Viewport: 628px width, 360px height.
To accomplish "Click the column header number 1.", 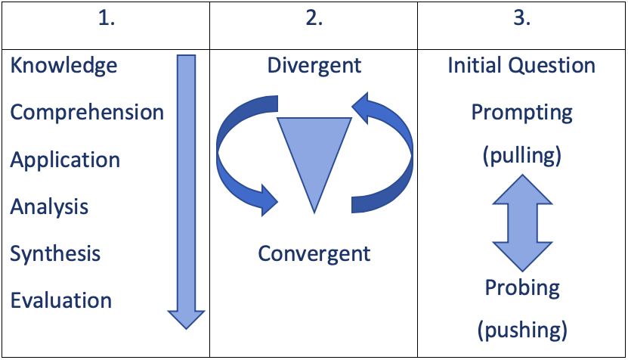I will [x=106, y=20].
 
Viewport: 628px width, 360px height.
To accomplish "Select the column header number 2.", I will [x=314, y=20].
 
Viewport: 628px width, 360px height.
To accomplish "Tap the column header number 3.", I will [x=521, y=20].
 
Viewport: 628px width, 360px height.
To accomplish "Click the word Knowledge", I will [x=63, y=66].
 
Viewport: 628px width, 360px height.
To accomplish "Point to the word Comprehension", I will [x=87, y=113].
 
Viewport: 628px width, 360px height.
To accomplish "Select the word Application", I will [x=65, y=160].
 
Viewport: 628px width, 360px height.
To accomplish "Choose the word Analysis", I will [x=49, y=207].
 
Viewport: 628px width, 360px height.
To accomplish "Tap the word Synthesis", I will [x=55, y=253].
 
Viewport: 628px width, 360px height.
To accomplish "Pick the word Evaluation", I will [x=61, y=300].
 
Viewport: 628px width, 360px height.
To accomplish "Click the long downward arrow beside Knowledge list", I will [x=186, y=189].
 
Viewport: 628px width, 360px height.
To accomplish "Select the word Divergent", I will [x=314, y=65].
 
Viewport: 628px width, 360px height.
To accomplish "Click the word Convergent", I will [x=314, y=253].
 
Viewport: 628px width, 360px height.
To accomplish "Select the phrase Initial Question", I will [x=521, y=65].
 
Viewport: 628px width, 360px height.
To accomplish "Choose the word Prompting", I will [x=521, y=113].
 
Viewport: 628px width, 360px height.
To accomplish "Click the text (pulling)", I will [x=521, y=157].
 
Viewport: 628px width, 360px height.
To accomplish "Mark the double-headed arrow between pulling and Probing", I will [x=521, y=222].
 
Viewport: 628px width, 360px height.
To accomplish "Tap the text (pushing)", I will [x=521, y=330].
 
